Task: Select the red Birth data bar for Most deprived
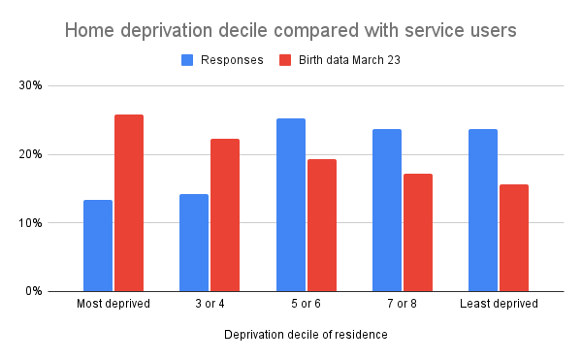tap(129, 203)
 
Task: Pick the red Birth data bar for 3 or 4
tap(225, 214)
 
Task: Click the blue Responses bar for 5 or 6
tap(290, 205)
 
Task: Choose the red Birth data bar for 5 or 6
tap(322, 225)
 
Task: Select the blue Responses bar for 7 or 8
tap(387, 210)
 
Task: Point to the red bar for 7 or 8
tap(418, 232)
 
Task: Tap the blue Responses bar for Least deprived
tap(483, 210)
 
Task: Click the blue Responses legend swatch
tap(188, 60)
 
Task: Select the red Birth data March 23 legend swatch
tap(285, 60)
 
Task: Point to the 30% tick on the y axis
tap(33, 85)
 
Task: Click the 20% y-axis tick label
tap(33, 154)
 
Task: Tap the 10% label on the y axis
tap(33, 223)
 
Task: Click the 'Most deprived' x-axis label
tap(113, 305)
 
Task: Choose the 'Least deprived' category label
tap(499, 305)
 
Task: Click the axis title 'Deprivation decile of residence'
tap(306, 335)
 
